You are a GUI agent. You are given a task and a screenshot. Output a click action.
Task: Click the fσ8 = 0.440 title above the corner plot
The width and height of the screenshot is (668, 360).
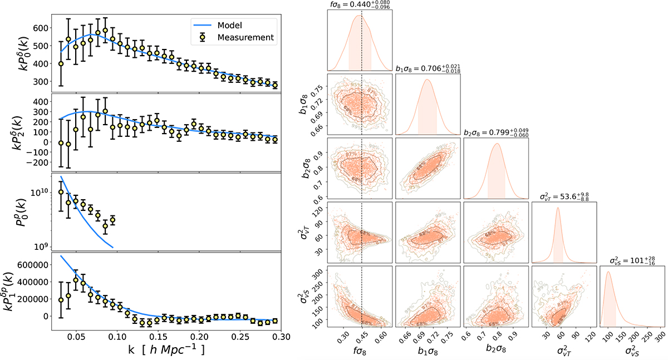[x=359, y=5]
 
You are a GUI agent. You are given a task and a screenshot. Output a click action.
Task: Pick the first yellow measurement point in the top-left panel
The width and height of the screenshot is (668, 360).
[x=61, y=63]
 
